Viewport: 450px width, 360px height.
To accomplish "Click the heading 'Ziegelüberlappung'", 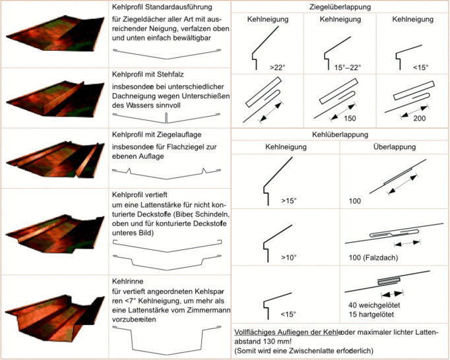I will pos(340,7).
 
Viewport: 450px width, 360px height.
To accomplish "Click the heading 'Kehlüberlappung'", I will pos(339,135).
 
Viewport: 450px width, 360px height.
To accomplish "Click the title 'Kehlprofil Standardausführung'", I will pos(161,8).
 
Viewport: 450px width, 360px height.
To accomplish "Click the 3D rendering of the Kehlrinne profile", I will pos(54,317).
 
